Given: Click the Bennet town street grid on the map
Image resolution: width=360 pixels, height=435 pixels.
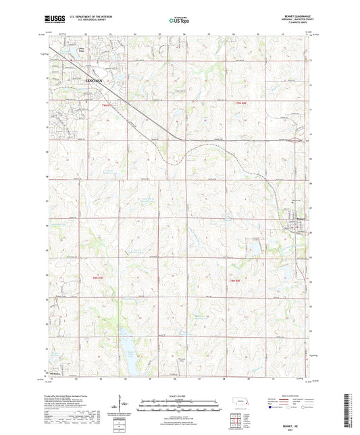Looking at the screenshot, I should click(294, 225).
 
